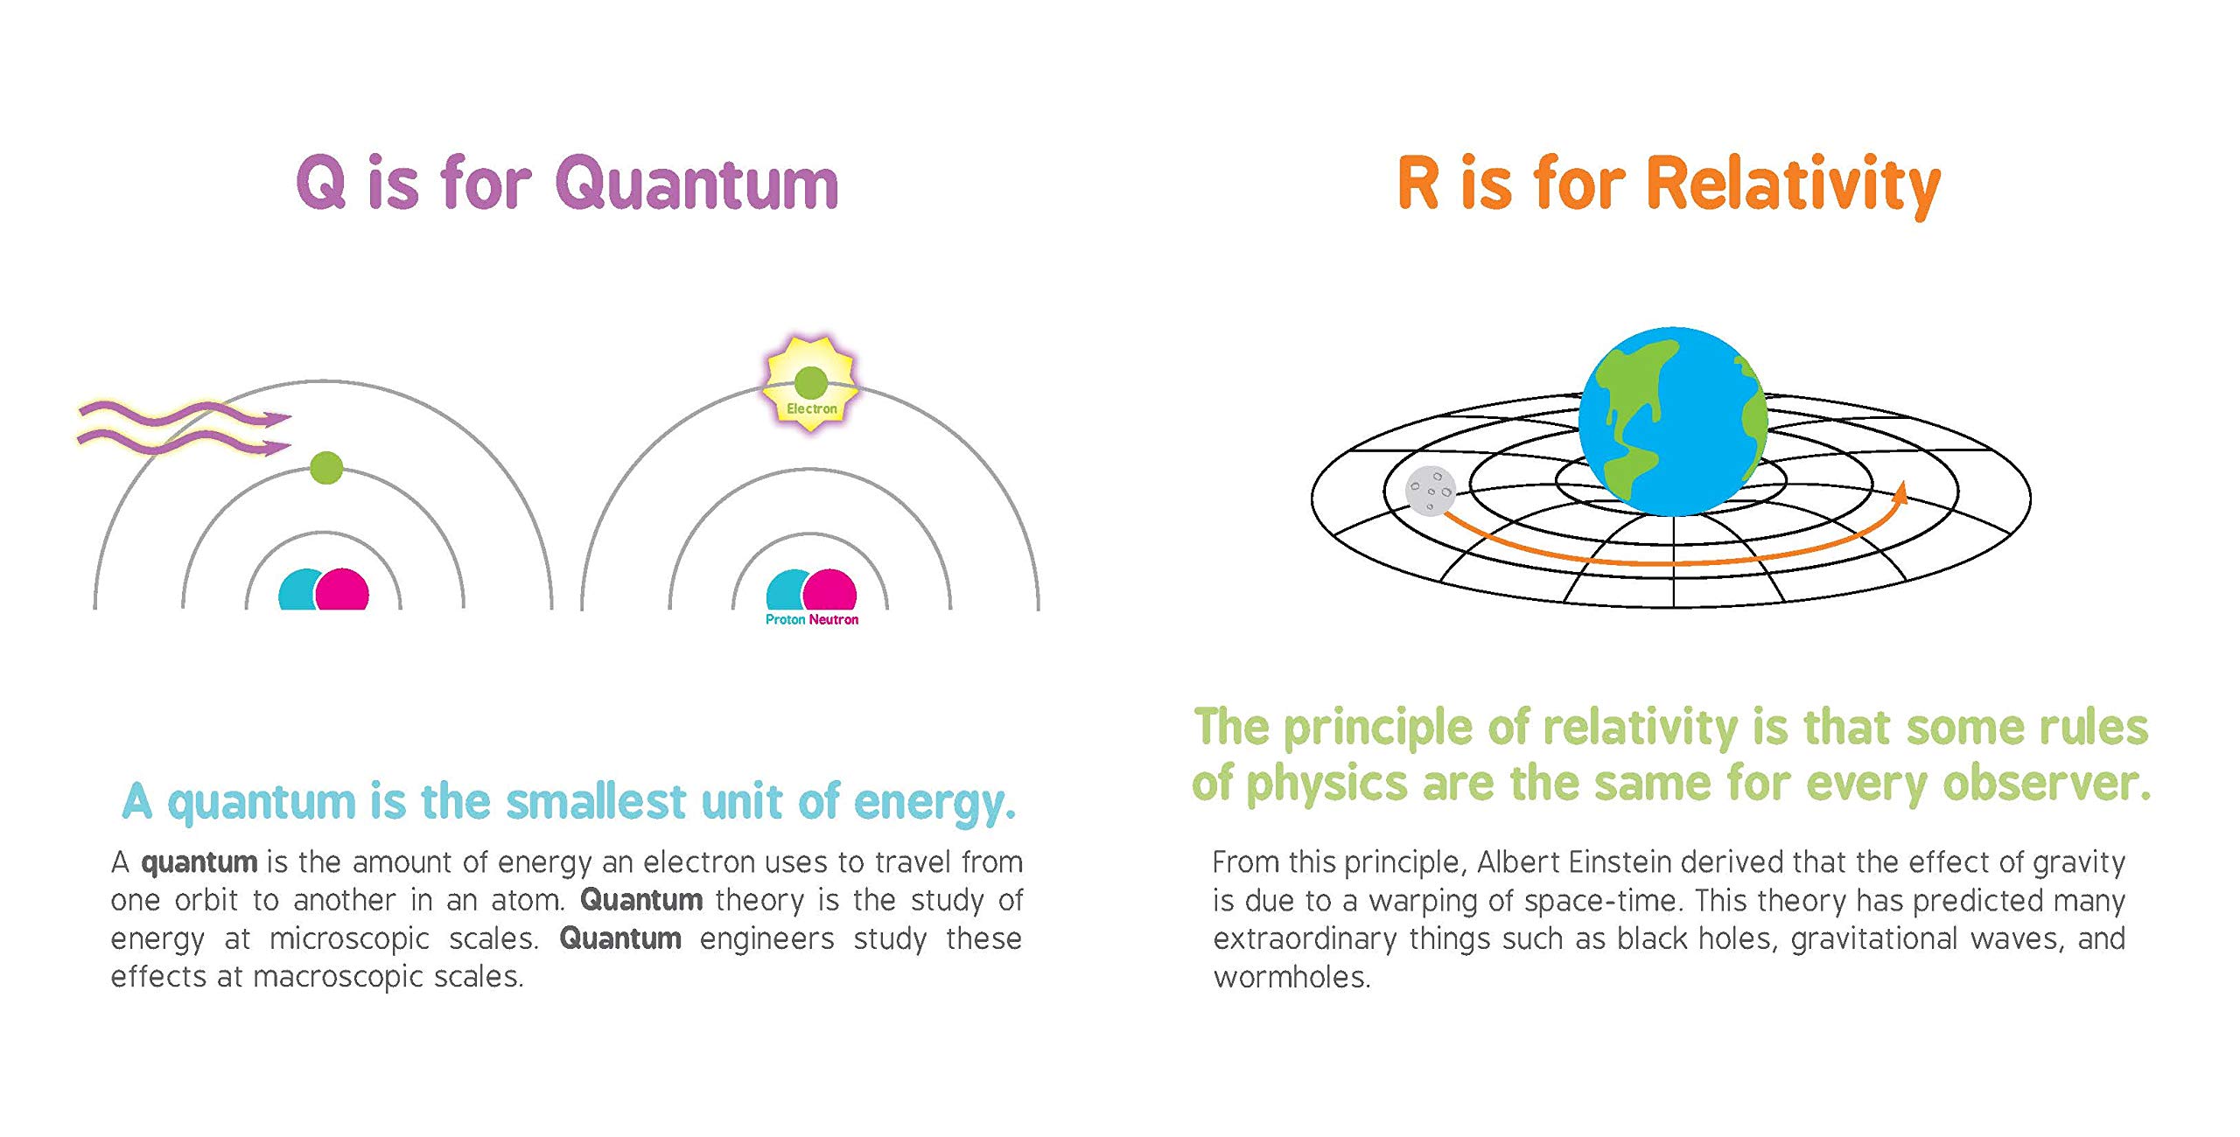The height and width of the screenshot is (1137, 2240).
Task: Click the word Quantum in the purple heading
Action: [697, 183]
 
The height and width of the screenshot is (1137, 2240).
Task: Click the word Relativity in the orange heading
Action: [1794, 185]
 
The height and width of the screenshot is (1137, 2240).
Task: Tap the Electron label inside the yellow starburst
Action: [812, 408]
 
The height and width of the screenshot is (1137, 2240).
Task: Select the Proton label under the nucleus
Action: [785, 619]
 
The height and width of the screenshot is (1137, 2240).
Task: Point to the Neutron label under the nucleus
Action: [834, 619]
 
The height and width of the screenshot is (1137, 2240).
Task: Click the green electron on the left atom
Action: [326, 468]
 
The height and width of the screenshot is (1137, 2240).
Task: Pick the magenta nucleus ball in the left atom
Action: [343, 589]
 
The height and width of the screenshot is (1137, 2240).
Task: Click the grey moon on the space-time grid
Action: [1431, 491]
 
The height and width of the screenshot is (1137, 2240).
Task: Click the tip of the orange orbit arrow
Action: [1901, 481]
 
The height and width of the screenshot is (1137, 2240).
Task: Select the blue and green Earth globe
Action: [1673, 422]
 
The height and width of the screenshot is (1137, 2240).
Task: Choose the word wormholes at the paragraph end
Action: [1291, 977]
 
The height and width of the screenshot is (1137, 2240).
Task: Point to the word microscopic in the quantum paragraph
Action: [349, 939]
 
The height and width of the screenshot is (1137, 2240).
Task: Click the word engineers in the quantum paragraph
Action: [767, 939]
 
